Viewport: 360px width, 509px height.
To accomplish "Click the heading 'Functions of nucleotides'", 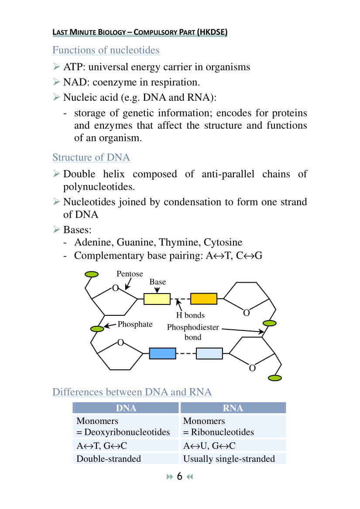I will point(106,50).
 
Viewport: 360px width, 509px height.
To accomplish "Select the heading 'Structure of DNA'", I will point(91,157).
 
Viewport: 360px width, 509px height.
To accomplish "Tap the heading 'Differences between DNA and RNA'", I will point(132,392).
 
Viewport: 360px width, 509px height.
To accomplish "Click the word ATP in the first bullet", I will point(73,67).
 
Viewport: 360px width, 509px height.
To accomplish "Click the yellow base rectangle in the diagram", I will point(157,299).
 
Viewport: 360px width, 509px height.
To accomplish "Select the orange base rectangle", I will point(204,299).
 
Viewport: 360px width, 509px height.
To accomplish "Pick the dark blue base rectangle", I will point(162,353).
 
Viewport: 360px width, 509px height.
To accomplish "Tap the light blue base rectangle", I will point(209,353).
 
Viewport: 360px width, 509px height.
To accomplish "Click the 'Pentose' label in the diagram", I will point(130,274).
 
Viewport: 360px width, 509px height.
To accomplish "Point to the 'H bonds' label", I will point(190,315).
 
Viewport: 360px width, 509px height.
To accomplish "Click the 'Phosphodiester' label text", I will point(193,328).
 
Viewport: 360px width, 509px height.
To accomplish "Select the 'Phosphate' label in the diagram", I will point(135,325).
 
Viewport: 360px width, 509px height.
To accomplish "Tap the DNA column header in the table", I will point(126,408).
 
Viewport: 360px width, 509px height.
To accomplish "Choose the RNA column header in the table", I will point(233,408).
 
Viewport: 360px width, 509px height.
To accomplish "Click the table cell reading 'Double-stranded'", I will point(109,458).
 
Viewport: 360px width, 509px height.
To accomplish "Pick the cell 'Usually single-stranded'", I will point(229,458).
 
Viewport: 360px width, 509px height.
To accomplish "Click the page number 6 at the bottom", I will point(179,477).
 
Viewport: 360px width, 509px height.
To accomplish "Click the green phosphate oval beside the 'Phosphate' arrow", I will point(97,328).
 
